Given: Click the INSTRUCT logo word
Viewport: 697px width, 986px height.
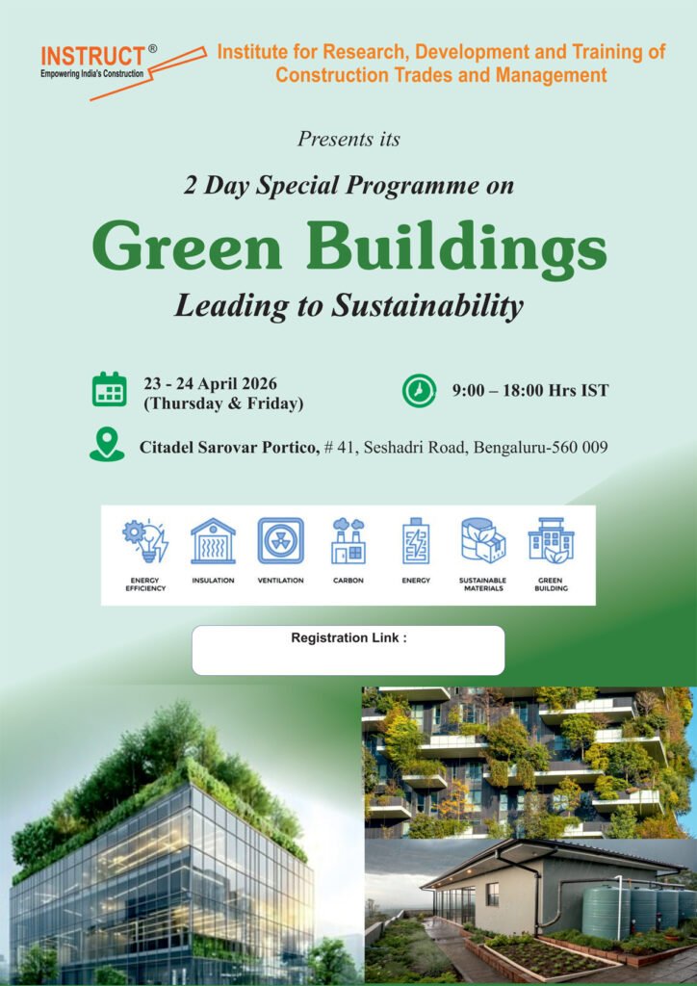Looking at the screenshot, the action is pyautogui.click(x=92, y=57).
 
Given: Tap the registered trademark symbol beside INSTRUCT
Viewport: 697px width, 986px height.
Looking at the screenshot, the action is pyautogui.click(x=153, y=49).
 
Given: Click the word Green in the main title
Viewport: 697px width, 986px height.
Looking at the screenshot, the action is pyautogui.click(x=186, y=246).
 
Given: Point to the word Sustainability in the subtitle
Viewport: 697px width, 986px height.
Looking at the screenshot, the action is pyautogui.click(x=426, y=306).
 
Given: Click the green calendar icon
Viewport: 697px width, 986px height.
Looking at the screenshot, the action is pyautogui.click(x=110, y=389).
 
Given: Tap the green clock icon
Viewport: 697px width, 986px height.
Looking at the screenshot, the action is pyautogui.click(x=419, y=391).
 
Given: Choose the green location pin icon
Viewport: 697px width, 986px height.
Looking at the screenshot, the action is pyautogui.click(x=107, y=444).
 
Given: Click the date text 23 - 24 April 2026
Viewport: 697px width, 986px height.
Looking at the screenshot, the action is pyautogui.click(x=210, y=383).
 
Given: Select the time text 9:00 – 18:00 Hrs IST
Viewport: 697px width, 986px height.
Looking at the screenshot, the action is pyautogui.click(x=530, y=391).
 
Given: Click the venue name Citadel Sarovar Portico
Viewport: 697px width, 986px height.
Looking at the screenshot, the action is pyautogui.click(x=229, y=448).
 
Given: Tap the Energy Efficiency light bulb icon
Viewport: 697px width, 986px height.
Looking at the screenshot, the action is pyautogui.click(x=145, y=541).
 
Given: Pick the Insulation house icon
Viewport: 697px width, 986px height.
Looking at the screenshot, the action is pyautogui.click(x=213, y=541).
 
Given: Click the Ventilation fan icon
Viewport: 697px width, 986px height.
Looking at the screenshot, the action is pyautogui.click(x=280, y=541).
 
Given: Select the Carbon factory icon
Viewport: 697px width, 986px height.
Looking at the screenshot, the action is pyautogui.click(x=348, y=541).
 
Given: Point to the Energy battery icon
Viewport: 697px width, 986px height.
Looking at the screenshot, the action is pyautogui.click(x=416, y=541).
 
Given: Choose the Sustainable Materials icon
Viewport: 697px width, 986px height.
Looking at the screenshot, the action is pyautogui.click(x=483, y=541).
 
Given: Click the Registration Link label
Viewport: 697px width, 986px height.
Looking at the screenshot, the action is pyautogui.click(x=348, y=637).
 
